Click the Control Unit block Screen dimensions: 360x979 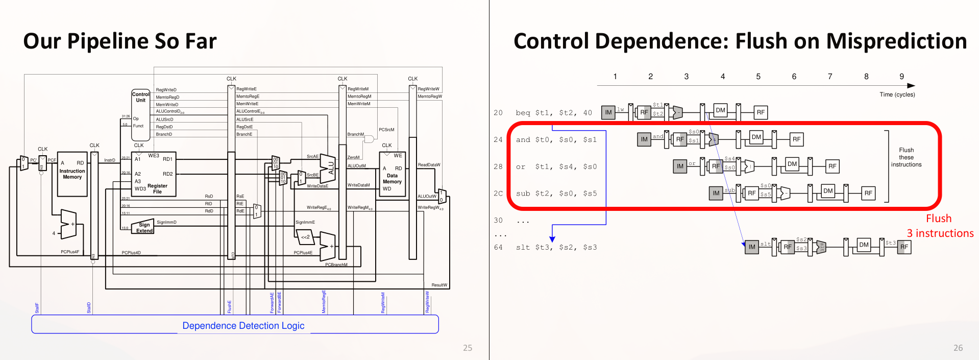(x=141, y=115)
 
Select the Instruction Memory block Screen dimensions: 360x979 (x=72, y=174)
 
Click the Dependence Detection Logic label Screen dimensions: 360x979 (x=243, y=326)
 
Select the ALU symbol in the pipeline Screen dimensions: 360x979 (x=328, y=168)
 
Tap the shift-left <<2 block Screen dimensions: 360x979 (x=305, y=237)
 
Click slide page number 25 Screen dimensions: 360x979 (x=467, y=348)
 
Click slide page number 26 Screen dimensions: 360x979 (x=958, y=348)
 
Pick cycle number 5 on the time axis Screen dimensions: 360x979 (x=758, y=77)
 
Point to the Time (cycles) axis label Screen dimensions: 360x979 (x=897, y=94)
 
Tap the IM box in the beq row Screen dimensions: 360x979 (x=608, y=112)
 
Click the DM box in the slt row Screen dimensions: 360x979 (x=864, y=245)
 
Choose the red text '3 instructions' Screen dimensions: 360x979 (x=940, y=233)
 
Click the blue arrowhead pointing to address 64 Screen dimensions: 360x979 (x=552, y=239)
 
